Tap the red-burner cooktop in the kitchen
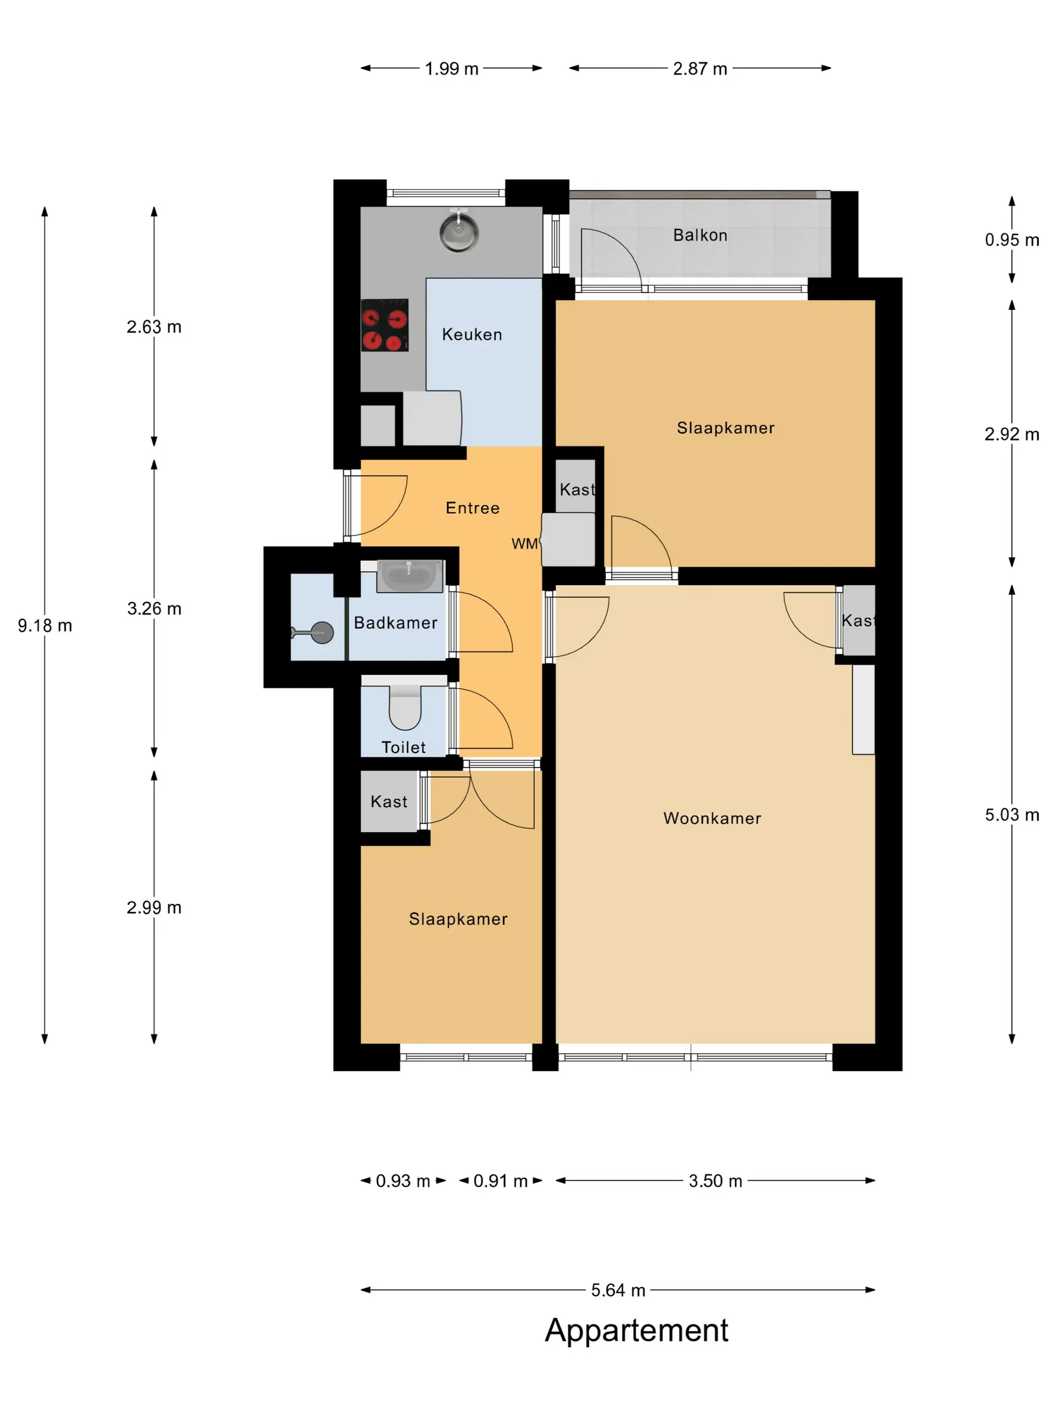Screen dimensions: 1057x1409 pos(384,325)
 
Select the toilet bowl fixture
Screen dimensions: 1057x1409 pos(405,707)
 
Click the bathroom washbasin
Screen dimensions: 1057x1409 pos(410,576)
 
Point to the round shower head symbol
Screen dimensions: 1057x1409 pos(322,633)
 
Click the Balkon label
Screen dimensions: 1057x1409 pos(700,235)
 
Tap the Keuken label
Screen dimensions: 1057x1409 pos(472,335)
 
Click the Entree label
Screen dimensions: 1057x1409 pos(473,508)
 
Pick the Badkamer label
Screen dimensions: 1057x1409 pos(396,622)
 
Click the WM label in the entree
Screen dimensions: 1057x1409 pos(525,543)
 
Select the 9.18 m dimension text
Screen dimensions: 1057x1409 pos(45,625)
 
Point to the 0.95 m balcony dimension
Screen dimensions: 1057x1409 pos(1012,240)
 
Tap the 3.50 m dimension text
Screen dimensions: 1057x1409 pos(716,1181)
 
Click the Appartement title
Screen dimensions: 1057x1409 pos(637,1330)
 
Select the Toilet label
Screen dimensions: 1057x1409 pos(403,747)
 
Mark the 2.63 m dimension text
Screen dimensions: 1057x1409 pos(154,327)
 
